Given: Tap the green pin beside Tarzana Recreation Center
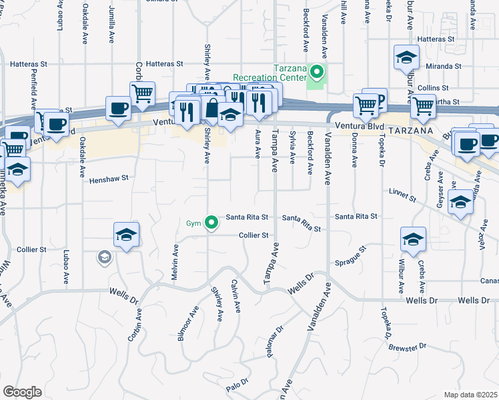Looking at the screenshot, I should (318, 72).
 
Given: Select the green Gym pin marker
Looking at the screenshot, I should (211, 223).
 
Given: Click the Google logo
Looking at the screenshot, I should (22, 392).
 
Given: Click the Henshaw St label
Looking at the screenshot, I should (107, 179).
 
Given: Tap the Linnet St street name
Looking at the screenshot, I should (402, 195).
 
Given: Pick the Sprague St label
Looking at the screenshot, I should (353, 257).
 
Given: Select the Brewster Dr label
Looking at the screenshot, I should (407, 347).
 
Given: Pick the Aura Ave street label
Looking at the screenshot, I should (257, 145).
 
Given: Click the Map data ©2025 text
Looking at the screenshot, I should (471, 395).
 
